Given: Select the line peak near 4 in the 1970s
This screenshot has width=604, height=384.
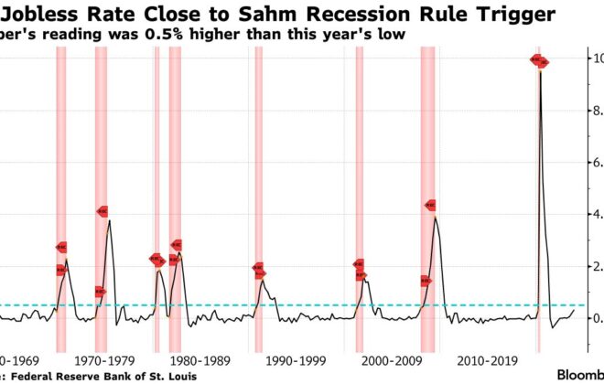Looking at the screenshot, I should point(110,220).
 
